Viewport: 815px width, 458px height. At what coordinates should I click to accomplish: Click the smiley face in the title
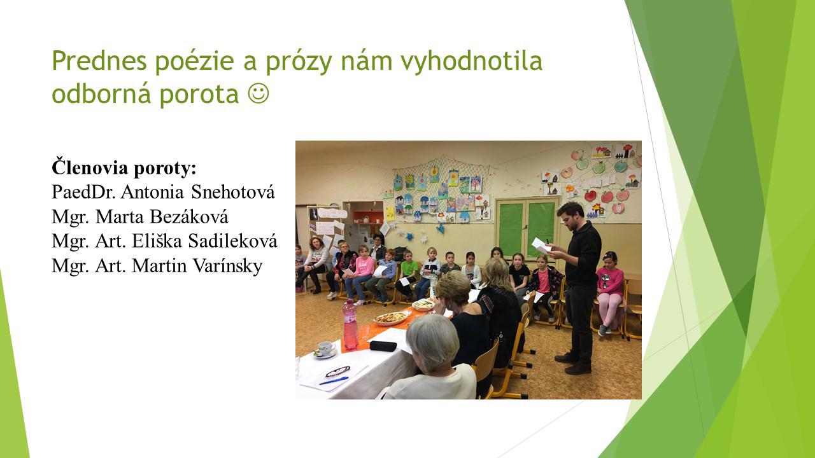259,94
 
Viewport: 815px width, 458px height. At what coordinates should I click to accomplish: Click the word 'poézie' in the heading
195,60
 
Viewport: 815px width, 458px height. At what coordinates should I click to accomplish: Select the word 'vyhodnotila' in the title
472,60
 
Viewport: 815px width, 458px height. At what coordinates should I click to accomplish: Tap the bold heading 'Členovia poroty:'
124,168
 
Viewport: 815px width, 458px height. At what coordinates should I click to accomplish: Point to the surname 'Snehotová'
233,191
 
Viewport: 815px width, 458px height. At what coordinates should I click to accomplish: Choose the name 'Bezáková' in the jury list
189,217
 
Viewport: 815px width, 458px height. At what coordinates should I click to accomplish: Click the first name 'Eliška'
157,240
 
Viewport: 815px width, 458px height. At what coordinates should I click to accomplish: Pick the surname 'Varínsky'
227,266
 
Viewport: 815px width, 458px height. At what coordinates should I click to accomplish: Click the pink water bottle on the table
350,324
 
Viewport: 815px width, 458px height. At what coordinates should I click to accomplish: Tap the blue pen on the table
334,380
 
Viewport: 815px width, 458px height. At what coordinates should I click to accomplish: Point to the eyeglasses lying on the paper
338,371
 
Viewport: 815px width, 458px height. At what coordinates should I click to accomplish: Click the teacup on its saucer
325,349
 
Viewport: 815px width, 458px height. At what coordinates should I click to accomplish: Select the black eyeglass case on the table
383,345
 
